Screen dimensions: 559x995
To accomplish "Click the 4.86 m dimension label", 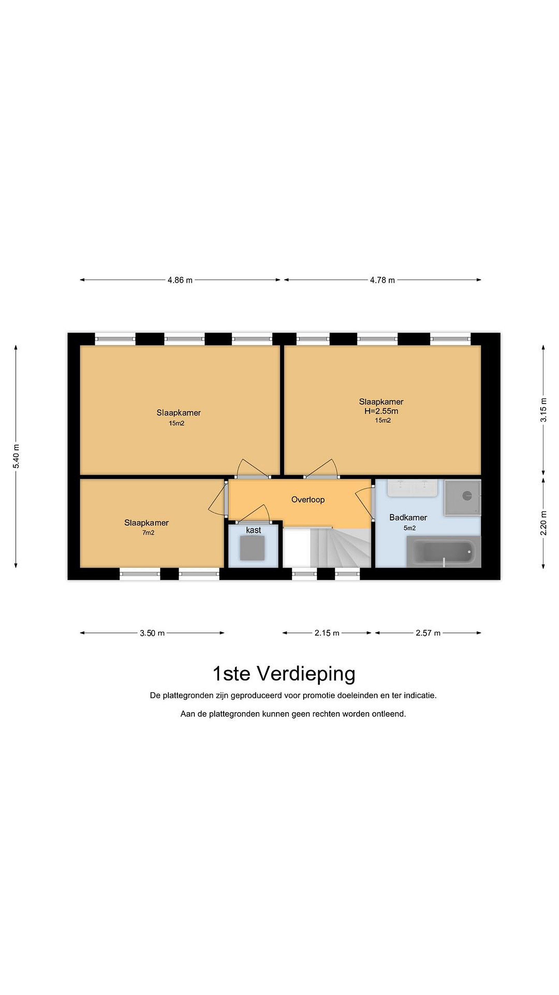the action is [x=180, y=280].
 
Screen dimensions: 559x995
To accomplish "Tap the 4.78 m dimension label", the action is [x=382, y=280].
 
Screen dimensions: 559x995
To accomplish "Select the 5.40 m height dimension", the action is [x=16, y=456].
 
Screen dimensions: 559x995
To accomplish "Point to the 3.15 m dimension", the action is [x=543, y=410].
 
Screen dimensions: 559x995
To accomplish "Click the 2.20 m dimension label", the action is [x=543, y=523].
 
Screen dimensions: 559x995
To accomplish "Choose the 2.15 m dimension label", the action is [x=327, y=633].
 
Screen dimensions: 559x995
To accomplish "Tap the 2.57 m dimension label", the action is [x=428, y=633].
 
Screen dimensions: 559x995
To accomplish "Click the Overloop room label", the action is [x=308, y=500].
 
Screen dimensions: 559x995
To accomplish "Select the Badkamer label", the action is [x=408, y=518].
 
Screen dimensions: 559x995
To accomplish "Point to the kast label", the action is [x=254, y=530].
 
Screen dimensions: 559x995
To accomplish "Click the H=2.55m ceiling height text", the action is [x=381, y=411].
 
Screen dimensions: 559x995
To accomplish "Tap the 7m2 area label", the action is [x=148, y=533].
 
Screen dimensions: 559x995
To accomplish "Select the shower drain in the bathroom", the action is [x=467, y=495].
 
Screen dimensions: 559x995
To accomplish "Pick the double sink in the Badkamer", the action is [x=412, y=488].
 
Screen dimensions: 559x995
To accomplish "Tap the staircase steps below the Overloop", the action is [x=340, y=548].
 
